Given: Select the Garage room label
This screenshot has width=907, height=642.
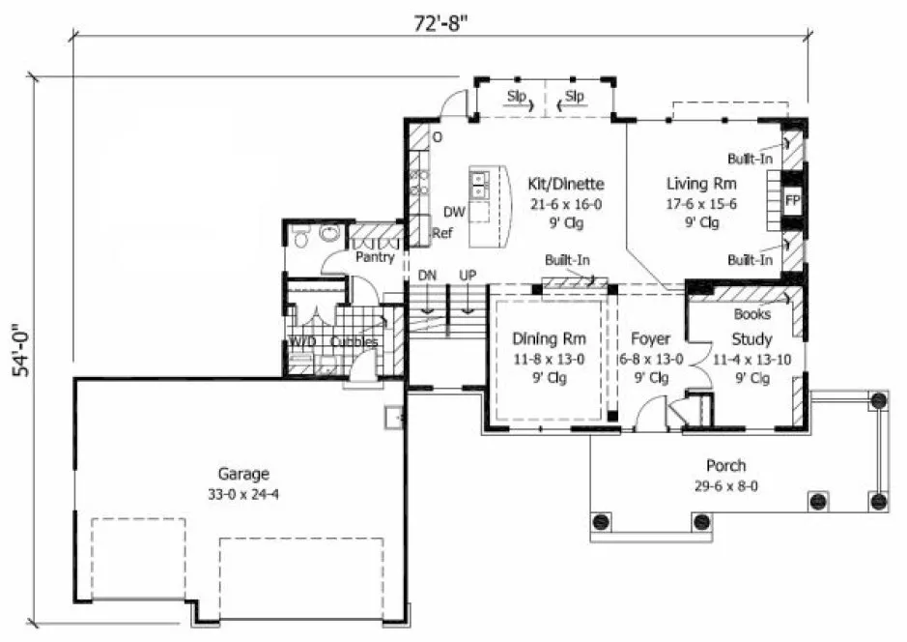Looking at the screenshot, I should click(x=242, y=474).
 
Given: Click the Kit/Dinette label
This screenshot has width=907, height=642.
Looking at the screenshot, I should click(x=565, y=184).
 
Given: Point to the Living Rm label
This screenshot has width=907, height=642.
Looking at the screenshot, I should click(x=701, y=184).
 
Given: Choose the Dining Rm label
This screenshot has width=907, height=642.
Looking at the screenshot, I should click(x=548, y=339).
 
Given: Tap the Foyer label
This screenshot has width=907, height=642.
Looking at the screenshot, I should click(x=650, y=339).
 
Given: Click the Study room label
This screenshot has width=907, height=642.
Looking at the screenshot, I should click(x=751, y=339).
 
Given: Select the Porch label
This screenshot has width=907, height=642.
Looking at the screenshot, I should click(x=725, y=465).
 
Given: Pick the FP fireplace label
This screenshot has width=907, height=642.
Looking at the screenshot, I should click(x=792, y=201).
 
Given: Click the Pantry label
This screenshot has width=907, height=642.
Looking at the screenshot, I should click(x=373, y=259).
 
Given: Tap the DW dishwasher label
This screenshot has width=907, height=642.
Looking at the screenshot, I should click(x=454, y=212).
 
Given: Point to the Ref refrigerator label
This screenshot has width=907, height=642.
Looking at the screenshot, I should click(x=442, y=233).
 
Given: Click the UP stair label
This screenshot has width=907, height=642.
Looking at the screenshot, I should click(x=468, y=276).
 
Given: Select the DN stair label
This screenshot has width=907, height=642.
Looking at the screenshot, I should click(x=428, y=276).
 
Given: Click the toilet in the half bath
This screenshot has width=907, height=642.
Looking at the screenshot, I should click(x=300, y=235).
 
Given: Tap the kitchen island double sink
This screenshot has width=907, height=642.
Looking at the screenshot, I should click(x=480, y=181).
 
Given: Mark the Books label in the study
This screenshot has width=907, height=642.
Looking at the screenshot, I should click(x=751, y=314).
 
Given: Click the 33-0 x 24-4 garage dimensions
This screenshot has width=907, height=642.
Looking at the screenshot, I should click(x=242, y=492).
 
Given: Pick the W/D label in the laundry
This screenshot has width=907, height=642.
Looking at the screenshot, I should click(x=302, y=342).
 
